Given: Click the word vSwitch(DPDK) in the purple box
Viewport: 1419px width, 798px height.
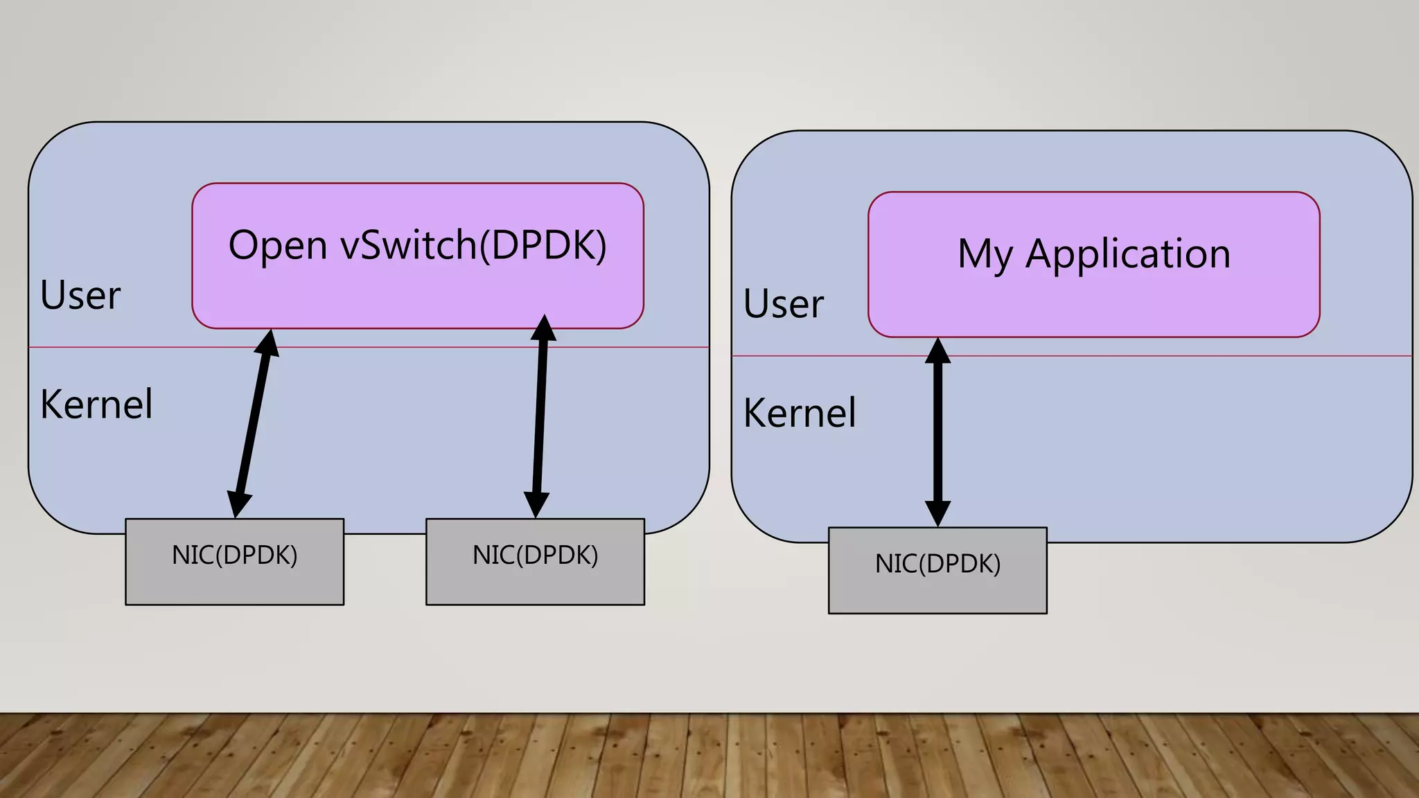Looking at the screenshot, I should [x=473, y=246].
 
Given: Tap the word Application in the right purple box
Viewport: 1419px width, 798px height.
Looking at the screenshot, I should [x=1127, y=254].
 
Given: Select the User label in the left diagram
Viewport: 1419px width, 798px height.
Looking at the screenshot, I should [x=80, y=296].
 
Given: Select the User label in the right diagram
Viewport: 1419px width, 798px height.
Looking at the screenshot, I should [x=784, y=304].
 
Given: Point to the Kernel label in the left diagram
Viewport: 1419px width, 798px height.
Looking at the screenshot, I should [x=96, y=405].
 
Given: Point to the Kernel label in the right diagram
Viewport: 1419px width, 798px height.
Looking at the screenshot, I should [x=800, y=414].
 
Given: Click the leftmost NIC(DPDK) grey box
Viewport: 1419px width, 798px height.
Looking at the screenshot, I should [x=234, y=562].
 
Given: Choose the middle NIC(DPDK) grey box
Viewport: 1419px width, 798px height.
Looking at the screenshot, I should [x=535, y=562].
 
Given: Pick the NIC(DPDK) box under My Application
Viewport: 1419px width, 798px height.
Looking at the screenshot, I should [x=937, y=570].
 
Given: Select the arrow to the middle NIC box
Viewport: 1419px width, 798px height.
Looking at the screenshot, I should [x=540, y=416].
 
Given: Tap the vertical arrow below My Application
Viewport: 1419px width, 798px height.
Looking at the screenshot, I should [x=937, y=433].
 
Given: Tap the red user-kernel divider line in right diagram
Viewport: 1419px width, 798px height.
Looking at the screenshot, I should [x=1178, y=356].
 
